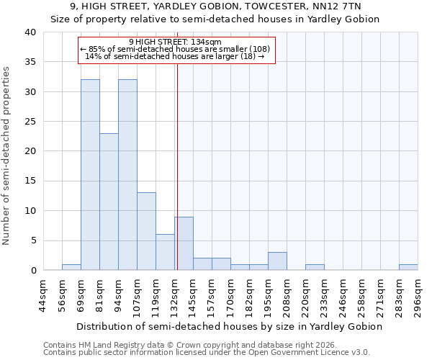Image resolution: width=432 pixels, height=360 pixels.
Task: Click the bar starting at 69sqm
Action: [x=90, y=175]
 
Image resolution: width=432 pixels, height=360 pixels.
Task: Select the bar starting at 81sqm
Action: [x=109, y=202]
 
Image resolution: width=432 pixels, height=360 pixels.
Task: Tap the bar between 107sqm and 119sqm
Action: [x=146, y=231]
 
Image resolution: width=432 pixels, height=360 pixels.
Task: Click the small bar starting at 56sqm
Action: [x=71, y=267]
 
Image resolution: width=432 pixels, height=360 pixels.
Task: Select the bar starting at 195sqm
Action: [x=277, y=261]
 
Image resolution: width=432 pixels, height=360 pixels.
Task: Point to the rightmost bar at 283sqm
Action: [x=408, y=267]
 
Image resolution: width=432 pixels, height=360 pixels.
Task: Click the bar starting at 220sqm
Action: [x=315, y=267]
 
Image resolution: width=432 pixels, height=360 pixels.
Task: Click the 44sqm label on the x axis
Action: [x=43, y=295]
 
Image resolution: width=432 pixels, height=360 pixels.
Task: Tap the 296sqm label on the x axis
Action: [x=418, y=295]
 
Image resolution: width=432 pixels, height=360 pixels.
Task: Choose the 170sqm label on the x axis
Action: [x=230, y=295]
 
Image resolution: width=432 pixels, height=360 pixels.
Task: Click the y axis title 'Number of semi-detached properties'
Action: [x=7, y=155]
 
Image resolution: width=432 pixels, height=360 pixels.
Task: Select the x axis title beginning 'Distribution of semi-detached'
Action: [x=229, y=326]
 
